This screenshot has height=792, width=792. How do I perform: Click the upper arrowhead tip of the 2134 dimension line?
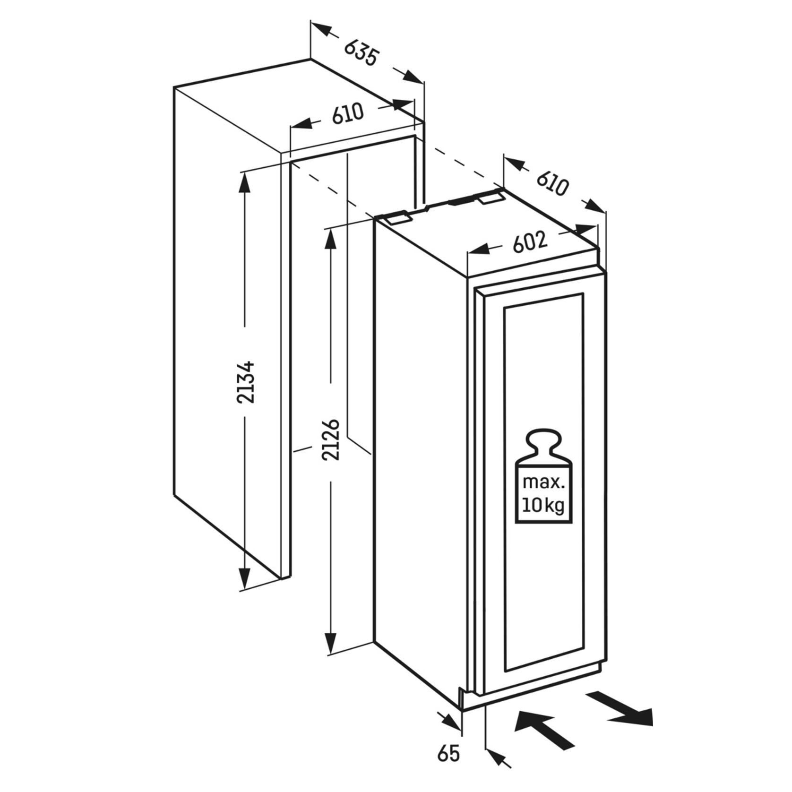(x=244, y=172)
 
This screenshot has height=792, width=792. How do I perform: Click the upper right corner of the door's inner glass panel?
(x=583, y=293)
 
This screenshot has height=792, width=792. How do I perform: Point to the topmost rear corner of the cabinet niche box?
(x=310, y=60)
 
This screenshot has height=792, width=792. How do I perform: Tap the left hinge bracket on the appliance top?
(x=397, y=218)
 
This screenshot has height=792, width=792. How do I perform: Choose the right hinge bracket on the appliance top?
(x=491, y=198)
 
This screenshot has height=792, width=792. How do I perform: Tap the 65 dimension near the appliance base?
(x=448, y=754)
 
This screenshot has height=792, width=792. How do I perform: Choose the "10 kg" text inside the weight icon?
(x=544, y=506)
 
